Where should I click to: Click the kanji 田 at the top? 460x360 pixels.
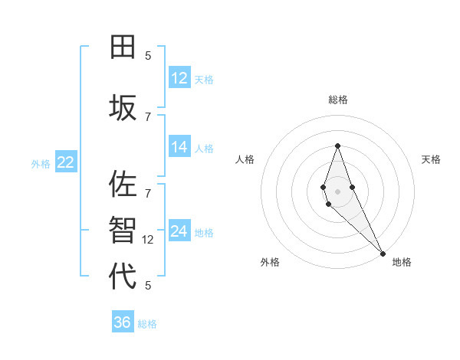pos(123,48)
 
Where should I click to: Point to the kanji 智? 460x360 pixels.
pos(123,229)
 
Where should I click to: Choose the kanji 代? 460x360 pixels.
pos(123,276)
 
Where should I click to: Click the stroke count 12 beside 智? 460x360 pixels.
pos(149,239)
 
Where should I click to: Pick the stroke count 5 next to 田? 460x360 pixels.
pos(148,55)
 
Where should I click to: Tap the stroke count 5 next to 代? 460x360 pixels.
pos(148,285)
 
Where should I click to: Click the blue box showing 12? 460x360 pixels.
pos(179,78)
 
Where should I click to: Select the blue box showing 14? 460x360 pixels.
pos(179,147)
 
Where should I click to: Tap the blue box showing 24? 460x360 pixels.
pos(179,231)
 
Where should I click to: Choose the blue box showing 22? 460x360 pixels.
pos(65,162)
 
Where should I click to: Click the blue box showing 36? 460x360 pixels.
pos(122,322)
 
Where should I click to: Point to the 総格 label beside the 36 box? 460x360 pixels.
pos(147,324)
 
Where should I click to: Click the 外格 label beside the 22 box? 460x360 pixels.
pos(41,163)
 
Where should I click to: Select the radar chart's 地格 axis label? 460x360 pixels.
pos(402,262)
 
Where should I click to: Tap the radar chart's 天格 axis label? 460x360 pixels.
pos(431,159)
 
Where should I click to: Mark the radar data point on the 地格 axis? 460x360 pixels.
pos(383,254)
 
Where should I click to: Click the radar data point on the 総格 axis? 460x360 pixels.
pos(337,146)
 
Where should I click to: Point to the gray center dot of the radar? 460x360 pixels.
pos(337,191)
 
